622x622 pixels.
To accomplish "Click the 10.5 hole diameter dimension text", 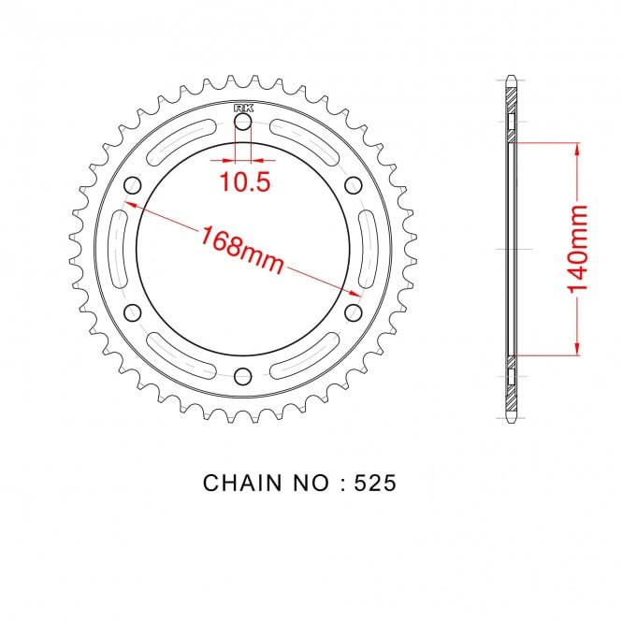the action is click(245, 182).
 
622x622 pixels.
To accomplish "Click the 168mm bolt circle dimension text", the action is click(242, 249).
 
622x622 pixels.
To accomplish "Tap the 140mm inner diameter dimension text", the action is click(578, 249).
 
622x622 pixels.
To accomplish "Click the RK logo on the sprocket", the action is click(243, 108).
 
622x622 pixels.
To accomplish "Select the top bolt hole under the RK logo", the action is click(243, 123).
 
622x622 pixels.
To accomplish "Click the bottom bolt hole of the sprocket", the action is click(243, 376).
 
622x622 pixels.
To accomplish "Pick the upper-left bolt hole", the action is click(133, 185).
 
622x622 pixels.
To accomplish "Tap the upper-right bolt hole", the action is click(354, 185).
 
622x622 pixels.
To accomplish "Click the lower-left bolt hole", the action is click(133, 312).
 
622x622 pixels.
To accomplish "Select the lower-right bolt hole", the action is click(354, 312).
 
